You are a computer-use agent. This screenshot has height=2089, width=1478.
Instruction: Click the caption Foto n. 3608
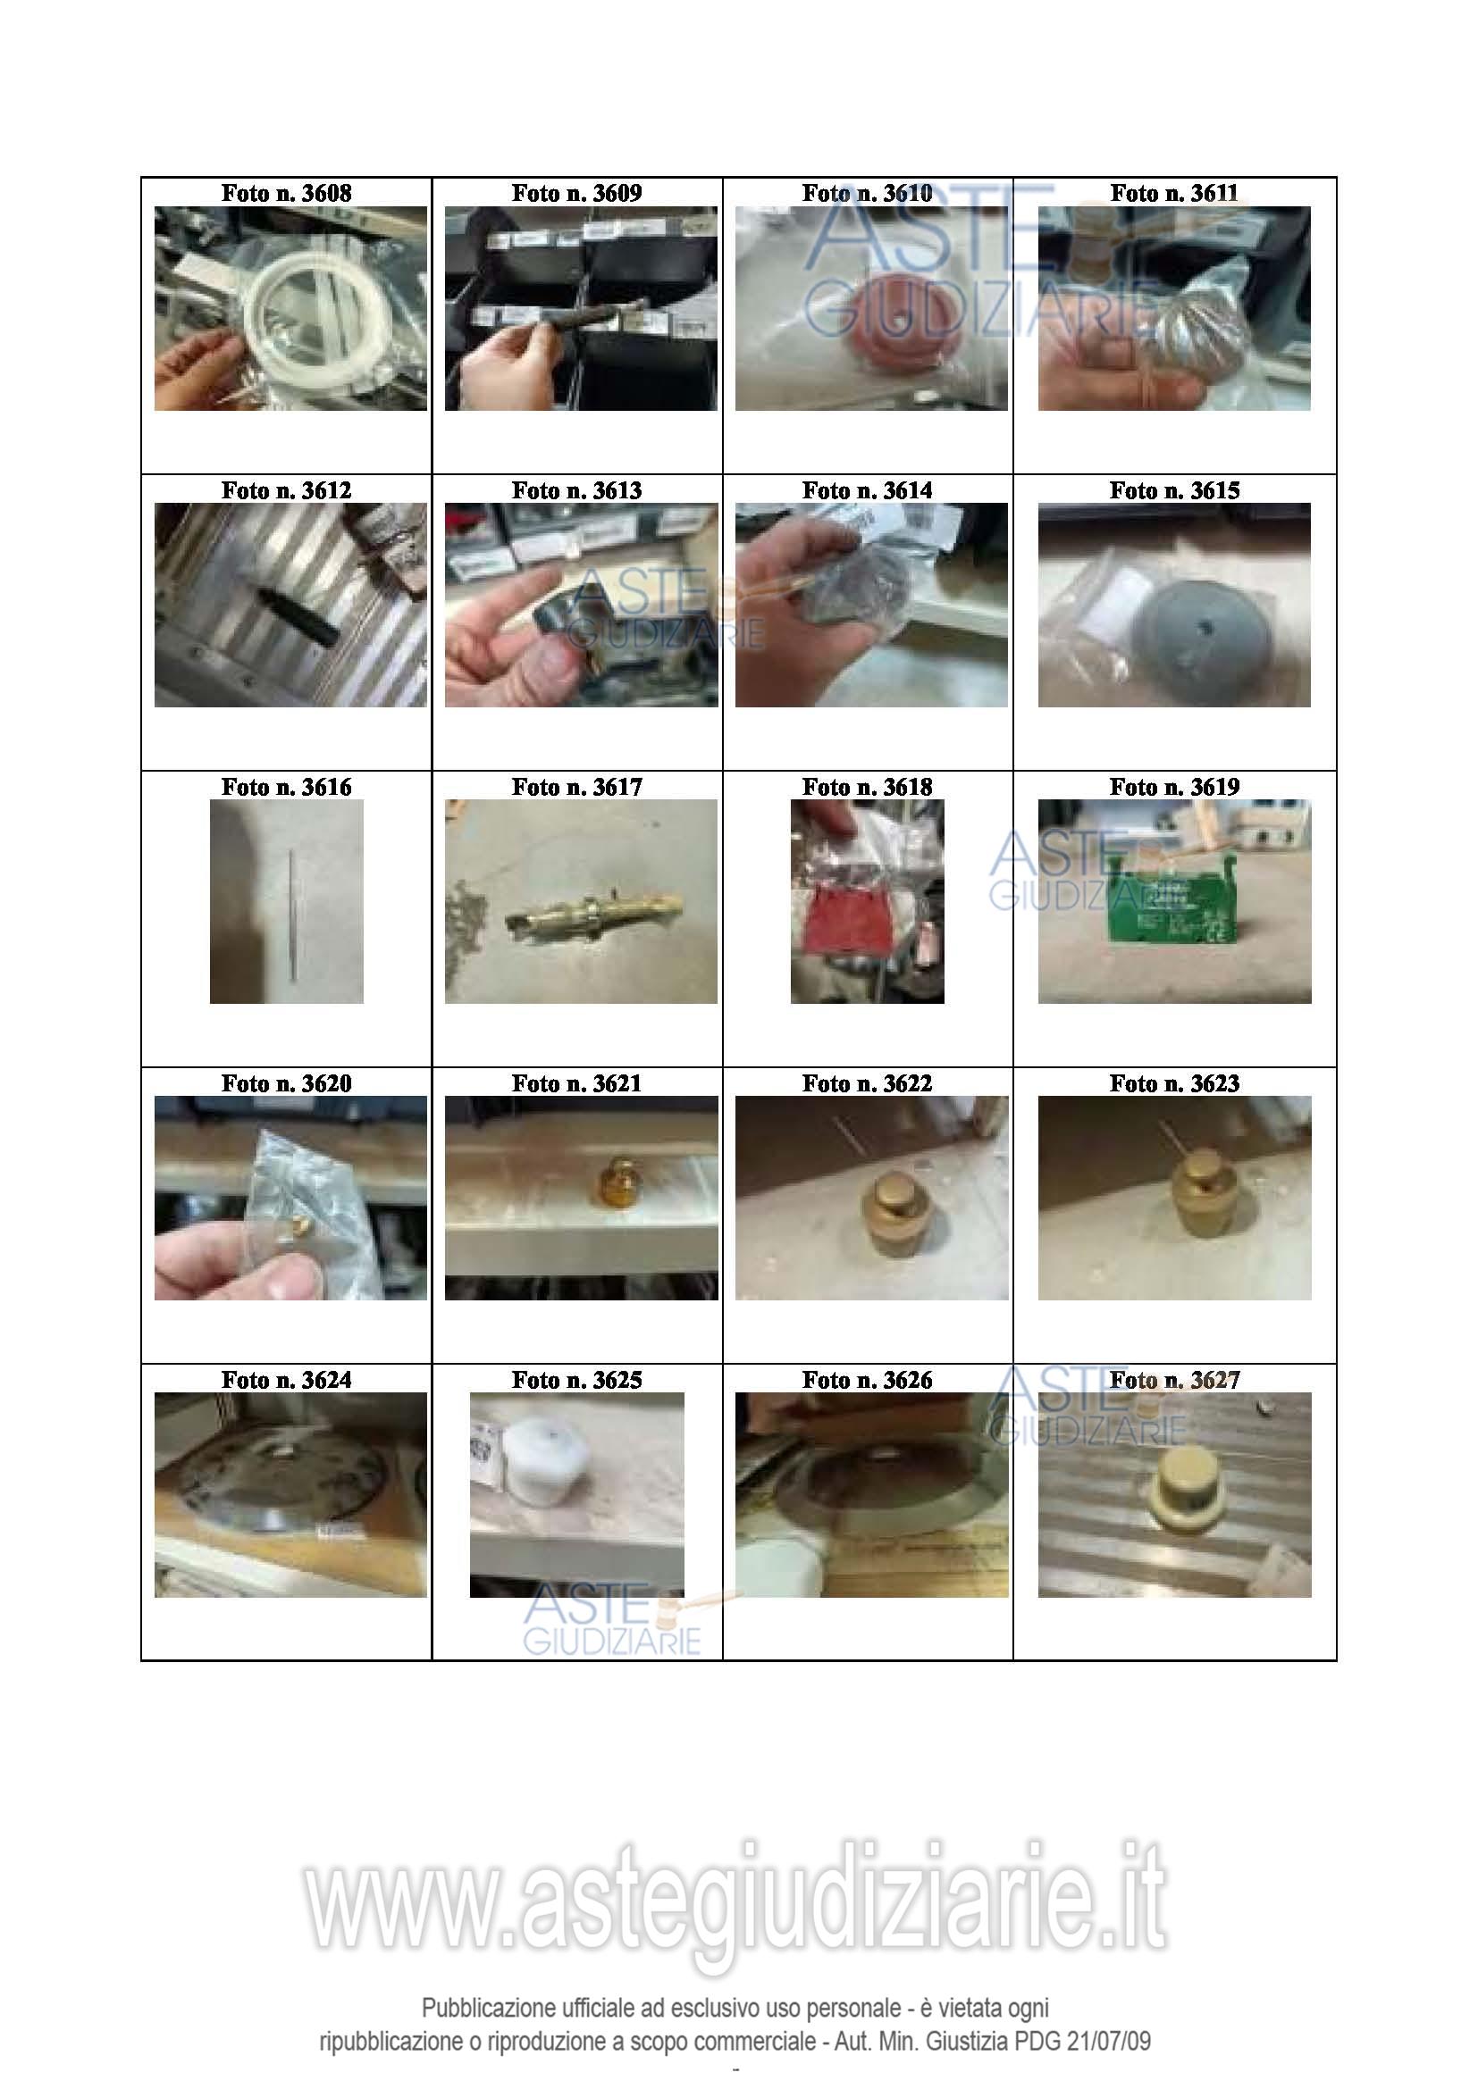(286, 193)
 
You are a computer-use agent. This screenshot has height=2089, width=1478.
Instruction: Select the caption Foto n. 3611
(1174, 193)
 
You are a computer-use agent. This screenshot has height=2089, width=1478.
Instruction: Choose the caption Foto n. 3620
(286, 1083)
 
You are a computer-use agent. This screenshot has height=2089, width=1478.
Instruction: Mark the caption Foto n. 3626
(868, 1380)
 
